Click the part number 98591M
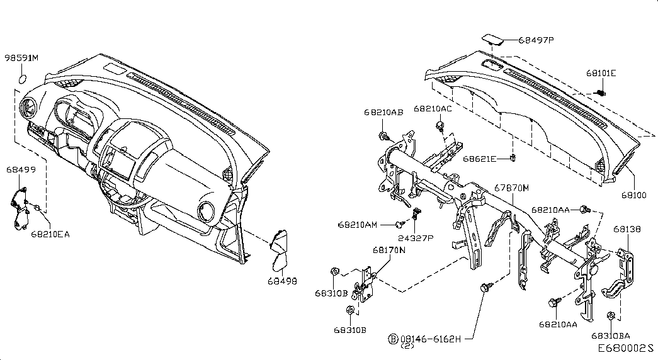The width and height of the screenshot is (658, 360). point(21,57)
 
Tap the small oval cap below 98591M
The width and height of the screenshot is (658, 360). point(23,79)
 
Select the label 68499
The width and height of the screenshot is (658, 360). point(21,169)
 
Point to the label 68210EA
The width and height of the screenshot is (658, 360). point(50,234)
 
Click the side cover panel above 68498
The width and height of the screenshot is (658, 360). point(279,250)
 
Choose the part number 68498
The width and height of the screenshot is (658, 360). point(282,281)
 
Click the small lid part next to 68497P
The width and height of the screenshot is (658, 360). point(494,38)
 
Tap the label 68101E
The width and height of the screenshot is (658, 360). point(601,73)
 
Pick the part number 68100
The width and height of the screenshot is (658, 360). point(634,195)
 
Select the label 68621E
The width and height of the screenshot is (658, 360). point(480,159)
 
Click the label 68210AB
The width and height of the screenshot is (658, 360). point(383,113)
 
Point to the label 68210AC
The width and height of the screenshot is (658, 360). point(433,109)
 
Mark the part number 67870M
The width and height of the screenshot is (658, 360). point(511,188)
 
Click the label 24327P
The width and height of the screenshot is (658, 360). point(416,238)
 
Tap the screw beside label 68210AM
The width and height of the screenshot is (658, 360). point(400,225)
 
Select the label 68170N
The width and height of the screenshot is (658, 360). point(389,250)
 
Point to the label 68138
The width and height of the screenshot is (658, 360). point(627,229)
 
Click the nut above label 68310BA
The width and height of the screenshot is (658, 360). point(611,315)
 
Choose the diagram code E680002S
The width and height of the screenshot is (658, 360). point(626,349)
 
